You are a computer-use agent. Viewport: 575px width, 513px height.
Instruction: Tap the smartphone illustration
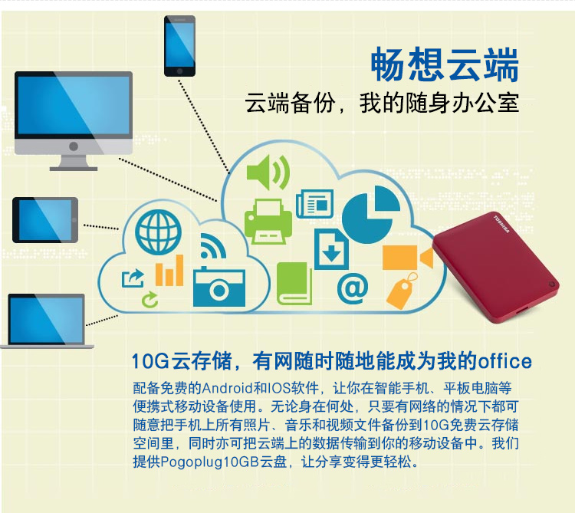pos(179,46)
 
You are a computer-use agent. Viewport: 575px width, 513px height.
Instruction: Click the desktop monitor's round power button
pos(74,146)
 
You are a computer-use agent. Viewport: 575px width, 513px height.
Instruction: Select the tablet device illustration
pos(45,220)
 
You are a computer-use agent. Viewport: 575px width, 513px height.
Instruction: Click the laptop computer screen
pos(47,319)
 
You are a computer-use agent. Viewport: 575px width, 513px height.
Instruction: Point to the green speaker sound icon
pos(268,173)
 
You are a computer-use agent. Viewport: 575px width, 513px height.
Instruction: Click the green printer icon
pos(268,222)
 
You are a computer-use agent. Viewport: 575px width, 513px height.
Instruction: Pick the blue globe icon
pos(158,232)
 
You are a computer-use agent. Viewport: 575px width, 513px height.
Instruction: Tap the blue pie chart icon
pos(370,215)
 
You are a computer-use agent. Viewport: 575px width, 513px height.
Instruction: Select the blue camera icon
pos(219,286)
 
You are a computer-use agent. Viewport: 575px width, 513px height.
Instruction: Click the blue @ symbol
pos(353,288)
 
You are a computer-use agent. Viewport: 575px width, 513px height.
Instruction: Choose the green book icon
pos(294,284)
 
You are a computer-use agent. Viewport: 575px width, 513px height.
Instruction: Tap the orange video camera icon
pos(408,258)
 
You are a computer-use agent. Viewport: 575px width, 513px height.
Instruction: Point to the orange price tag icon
pos(402,291)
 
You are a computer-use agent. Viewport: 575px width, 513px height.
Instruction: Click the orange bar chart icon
pos(169,271)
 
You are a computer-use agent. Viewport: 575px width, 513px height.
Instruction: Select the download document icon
pos(331,249)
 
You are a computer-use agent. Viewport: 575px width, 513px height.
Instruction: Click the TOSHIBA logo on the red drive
pos(501,225)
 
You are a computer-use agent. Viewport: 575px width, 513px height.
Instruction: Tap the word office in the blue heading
pos(504,361)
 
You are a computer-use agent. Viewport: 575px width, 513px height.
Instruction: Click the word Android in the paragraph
pos(227,388)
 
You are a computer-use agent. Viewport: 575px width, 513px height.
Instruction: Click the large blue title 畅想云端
pos(445,64)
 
